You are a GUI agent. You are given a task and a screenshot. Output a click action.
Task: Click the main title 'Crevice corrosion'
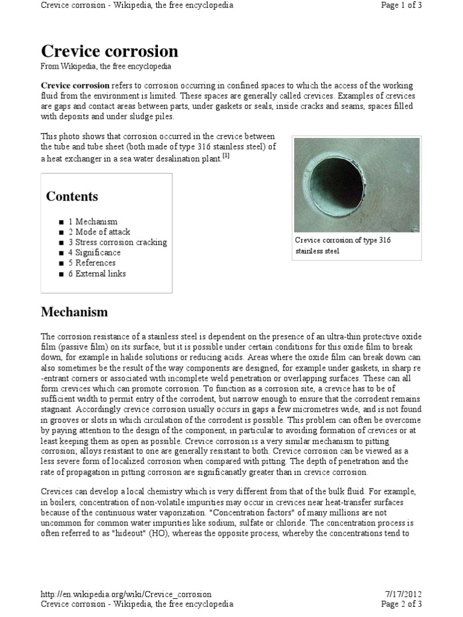109,51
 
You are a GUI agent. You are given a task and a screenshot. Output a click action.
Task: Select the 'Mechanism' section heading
74,312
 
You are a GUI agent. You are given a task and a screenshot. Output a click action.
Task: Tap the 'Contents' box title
72,196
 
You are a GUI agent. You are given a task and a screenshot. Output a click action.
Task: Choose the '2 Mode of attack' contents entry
99,232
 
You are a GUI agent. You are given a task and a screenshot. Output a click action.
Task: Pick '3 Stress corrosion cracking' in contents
117,242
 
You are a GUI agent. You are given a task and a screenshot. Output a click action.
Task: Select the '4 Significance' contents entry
94,252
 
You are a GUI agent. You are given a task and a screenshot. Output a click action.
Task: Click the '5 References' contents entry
92,263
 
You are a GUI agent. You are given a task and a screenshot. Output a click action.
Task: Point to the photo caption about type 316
342,245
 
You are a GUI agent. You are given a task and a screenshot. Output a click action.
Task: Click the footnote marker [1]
226,156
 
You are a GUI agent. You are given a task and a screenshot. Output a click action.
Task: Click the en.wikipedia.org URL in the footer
126,594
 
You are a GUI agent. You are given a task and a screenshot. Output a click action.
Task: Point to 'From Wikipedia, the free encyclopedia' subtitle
106,66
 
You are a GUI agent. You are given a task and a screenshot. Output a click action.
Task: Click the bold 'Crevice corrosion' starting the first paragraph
75,86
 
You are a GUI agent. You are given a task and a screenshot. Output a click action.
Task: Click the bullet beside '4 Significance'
61,253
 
